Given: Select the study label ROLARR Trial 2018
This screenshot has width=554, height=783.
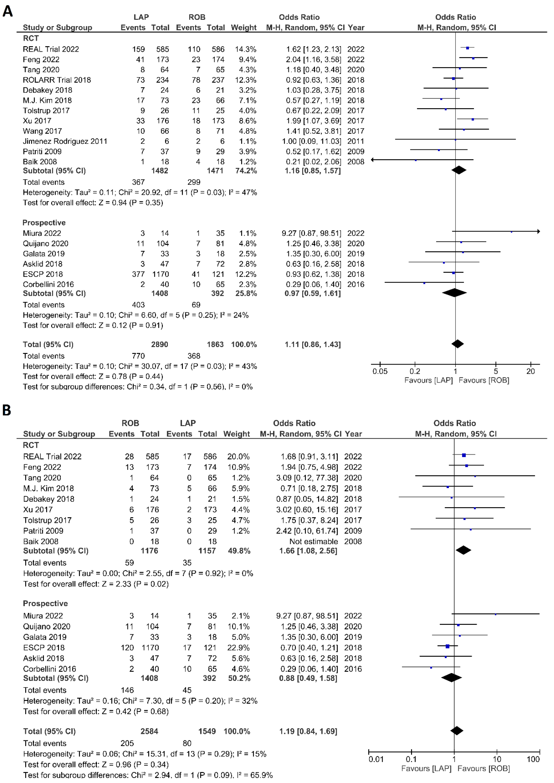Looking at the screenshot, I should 57,80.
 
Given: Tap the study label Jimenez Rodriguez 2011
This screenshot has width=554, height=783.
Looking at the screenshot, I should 65,141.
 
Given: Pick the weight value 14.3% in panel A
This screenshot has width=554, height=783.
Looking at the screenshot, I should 245,49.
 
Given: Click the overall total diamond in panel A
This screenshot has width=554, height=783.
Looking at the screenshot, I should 457,344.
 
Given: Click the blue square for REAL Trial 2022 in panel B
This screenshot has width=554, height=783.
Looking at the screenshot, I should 464,455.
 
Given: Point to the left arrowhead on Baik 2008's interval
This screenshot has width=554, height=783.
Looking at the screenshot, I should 372,159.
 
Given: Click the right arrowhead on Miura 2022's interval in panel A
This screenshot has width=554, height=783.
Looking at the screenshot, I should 538,232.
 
